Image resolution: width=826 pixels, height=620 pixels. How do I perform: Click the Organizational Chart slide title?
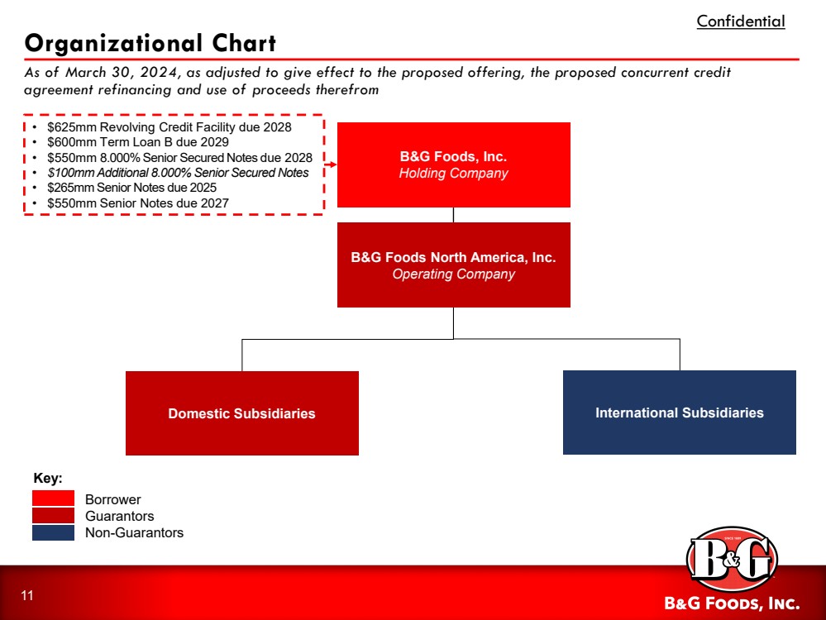coord(150,43)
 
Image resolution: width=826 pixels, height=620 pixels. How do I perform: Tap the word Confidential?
coord(740,21)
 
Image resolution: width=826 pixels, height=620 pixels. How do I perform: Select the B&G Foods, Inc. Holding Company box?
coord(453,165)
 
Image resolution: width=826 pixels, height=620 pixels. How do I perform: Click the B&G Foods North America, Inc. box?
coord(453,265)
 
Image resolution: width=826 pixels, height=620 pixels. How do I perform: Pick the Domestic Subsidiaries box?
coord(241,413)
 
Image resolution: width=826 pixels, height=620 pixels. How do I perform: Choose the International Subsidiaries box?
coord(679,413)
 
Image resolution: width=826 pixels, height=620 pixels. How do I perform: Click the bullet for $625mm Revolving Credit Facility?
coord(35,128)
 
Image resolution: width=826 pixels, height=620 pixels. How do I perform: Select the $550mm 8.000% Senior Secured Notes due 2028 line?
coord(179,158)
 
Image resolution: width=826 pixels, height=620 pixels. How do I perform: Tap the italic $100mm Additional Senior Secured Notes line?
coord(178,173)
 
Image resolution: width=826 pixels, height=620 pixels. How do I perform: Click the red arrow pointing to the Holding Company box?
coord(329,165)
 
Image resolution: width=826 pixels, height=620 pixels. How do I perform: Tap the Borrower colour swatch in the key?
coord(53,499)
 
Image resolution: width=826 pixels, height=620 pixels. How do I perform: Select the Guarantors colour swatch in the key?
coord(53,516)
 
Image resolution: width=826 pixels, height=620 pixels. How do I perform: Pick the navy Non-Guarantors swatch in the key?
coord(53,532)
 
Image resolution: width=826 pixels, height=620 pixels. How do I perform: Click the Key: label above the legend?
coord(48,479)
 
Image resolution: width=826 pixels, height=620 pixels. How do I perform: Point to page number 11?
coord(27,596)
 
